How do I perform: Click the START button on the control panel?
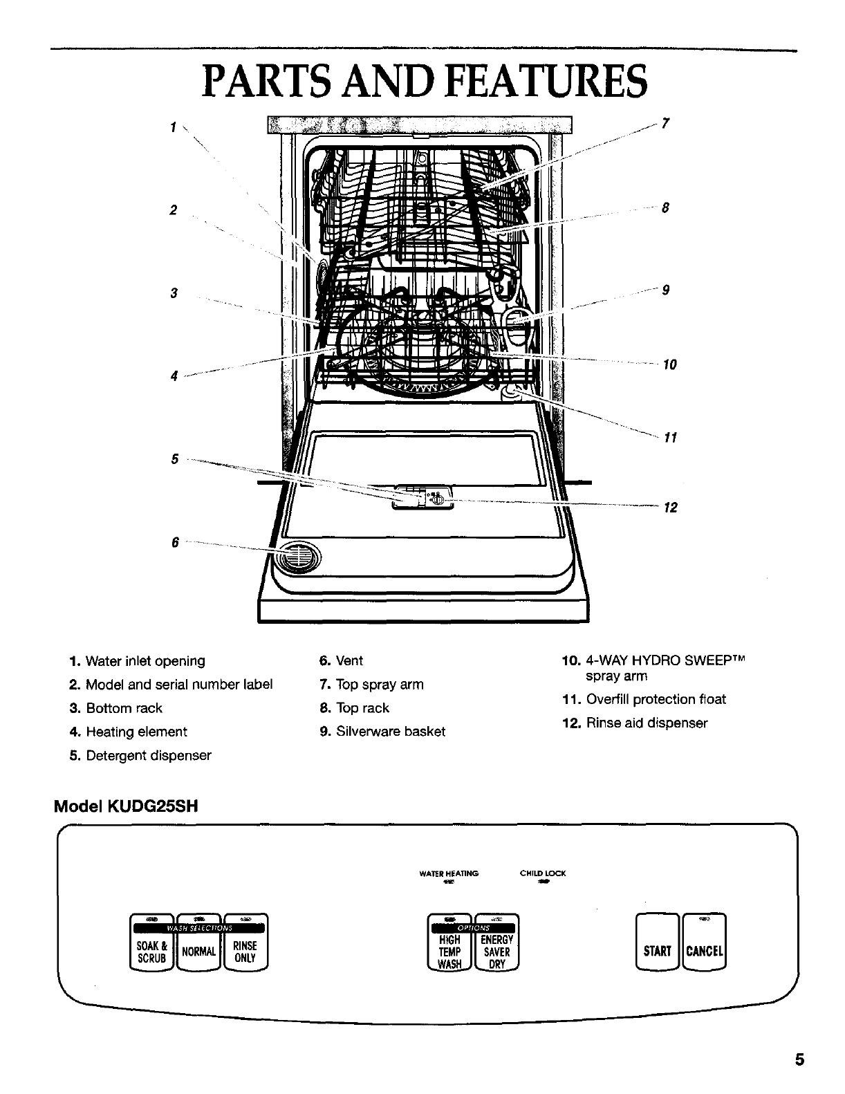coord(657,950)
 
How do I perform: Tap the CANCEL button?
coord(704,950)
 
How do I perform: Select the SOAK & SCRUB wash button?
coord(151,952)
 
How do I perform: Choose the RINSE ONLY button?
coord(245,952)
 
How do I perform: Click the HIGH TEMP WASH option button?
coord(449,952)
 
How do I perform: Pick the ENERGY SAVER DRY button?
coord(497,952)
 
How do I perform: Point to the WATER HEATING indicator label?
coord(449,873)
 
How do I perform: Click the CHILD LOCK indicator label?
coord(542,873)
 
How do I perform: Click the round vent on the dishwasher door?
coord(299,556)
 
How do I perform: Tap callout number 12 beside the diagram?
coord(670,508)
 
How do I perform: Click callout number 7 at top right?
coord(665,124)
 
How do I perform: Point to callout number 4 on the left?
coord(174,376)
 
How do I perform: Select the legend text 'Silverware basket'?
coord(390,732)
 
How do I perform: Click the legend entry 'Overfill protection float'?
coord(656,699)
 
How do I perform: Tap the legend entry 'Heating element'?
coord(136,732)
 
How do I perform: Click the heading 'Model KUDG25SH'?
coord(127,806)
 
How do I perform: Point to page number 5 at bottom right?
coord(799,1059)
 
